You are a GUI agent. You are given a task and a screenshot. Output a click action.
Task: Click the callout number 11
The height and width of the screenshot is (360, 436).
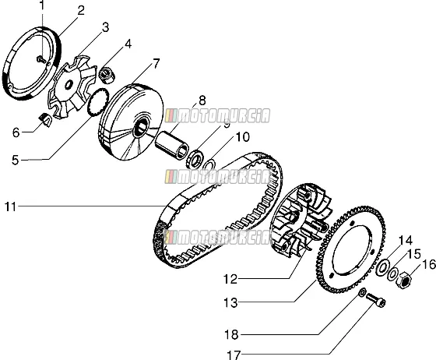[11, 207]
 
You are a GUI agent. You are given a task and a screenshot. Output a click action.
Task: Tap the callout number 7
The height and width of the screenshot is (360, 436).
[156, 64]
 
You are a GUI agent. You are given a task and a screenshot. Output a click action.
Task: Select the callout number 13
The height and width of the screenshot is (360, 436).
[230, 302]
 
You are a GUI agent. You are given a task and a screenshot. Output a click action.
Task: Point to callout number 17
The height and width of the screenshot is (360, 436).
[234, 355]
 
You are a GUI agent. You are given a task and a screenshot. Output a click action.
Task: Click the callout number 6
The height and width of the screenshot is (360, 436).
[16, 132]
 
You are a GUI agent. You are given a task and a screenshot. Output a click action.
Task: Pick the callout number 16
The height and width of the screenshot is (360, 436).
[429, 264]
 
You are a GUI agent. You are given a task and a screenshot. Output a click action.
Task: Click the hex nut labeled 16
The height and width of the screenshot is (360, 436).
[403, 279]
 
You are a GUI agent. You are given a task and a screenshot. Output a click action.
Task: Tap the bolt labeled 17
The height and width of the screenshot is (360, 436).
[375, 300]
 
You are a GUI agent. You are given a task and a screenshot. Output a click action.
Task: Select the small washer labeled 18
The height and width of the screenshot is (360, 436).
[362, 292]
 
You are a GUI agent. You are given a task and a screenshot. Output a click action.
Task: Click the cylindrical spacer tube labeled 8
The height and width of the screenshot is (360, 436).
[172, 146]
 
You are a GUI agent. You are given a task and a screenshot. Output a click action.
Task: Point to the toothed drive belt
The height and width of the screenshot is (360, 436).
[218, 210]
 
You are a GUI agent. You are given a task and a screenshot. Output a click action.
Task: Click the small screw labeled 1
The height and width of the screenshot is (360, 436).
[41, 59]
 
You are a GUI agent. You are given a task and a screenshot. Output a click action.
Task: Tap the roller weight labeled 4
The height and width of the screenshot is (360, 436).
[107, 76]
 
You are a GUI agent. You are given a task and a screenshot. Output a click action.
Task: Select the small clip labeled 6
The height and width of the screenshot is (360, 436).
[44, 120]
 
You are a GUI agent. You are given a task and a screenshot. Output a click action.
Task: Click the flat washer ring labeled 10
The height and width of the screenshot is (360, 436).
[209, 164]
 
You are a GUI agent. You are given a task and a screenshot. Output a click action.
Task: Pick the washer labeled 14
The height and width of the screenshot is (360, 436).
[383, 267]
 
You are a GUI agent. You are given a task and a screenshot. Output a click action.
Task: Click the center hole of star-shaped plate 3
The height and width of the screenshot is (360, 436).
[69, 83]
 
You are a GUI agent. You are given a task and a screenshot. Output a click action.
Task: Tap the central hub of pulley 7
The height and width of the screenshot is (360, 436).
[141, 126]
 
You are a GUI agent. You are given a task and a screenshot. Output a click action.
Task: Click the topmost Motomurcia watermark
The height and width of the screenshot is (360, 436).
[218, 116]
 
